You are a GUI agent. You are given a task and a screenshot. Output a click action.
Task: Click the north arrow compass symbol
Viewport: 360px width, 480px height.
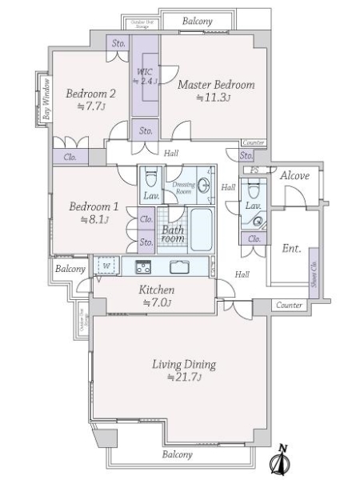[281, 461]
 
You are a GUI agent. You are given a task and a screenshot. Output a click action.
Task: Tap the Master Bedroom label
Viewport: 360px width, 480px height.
[216, 85]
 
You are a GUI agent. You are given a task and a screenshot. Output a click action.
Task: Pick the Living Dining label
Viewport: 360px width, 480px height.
[183, 365]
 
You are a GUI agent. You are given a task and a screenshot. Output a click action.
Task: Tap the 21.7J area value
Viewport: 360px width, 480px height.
[183, 378]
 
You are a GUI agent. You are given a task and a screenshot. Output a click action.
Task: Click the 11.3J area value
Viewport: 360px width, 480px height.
[214, 98]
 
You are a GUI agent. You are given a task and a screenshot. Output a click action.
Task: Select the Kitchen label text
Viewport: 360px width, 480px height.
[157, 290]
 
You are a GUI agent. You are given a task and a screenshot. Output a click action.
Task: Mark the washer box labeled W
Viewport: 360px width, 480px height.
[104, 265]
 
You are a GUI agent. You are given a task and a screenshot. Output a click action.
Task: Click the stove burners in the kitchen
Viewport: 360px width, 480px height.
[143, 266]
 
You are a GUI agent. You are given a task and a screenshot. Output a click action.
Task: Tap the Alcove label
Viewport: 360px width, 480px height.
[294, 175]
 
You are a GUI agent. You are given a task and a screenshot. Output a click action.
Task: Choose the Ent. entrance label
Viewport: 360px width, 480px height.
[291, 249]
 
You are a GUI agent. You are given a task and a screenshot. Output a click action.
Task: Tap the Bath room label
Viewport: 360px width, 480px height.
[174, 234]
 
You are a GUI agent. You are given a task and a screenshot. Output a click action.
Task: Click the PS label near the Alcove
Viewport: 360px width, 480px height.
[253, 170]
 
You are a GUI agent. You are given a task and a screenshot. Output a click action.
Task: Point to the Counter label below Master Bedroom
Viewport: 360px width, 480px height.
[252, 142]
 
